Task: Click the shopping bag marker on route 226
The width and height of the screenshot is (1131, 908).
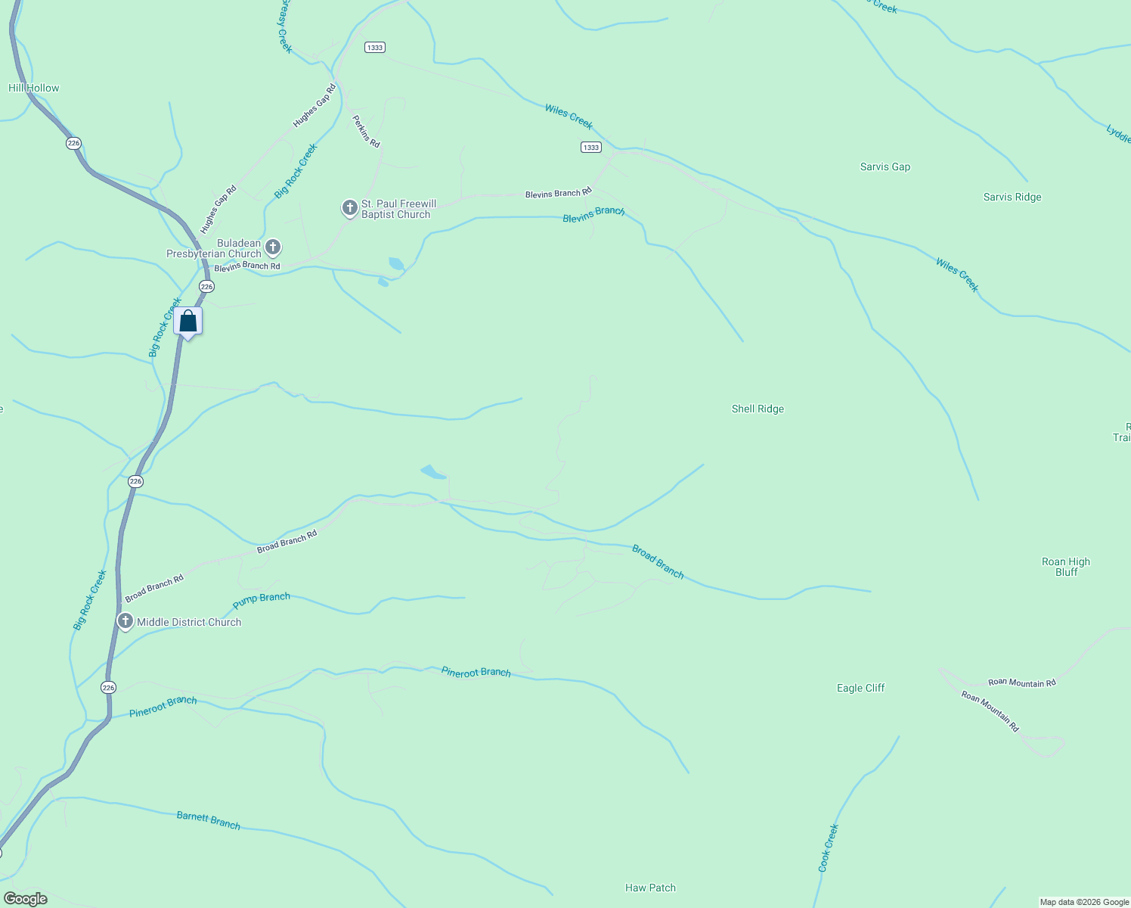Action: pyautogui.click(x=188, y=322)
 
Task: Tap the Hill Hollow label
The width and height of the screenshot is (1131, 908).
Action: pyautogui.click(x=33, y=88)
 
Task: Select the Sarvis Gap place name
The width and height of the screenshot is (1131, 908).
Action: pyautogui.click(x=885, y=166)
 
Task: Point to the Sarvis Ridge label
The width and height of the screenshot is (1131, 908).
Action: pyautogui.click(x=1012, y=197)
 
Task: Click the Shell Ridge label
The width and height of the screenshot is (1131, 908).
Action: pyautogui.click(x=758, y=409)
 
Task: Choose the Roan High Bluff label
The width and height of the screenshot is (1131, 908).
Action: pyautogui.click(x=1066, y=567)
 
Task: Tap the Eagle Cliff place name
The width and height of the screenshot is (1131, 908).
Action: pyautogui.click(x=860, y=688)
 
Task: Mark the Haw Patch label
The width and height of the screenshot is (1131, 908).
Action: pyautogui.click(x=650, y=888)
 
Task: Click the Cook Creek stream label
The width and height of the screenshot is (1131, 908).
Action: pyautogui.click(x=828, y=847)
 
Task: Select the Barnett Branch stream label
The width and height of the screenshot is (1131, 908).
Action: pyautogui.click(x=208, y=820)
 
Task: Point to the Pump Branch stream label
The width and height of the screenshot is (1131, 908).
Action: pyautogui.click(x=262, y=601)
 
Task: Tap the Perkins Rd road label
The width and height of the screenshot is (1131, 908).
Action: pyautogui.click(x=366, y=131)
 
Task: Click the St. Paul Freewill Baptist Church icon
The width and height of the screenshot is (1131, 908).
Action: pyautogui.click(x=349, y=207)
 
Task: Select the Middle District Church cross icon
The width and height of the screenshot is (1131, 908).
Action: pyautogui.click(x=125, y=621)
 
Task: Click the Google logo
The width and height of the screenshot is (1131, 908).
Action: pyautogui.click(x=25, y=898)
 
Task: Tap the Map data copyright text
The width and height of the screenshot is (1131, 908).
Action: pyautogui.click(x=1083, y=902)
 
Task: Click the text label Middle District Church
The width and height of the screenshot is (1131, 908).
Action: pyautogui.click(x=189, y=622)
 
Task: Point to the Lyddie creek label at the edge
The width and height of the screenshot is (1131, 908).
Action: pyautogui.click(x=1118, y=134)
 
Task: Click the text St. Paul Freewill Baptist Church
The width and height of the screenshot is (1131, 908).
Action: pyautogui.click(x=398, y=209)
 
